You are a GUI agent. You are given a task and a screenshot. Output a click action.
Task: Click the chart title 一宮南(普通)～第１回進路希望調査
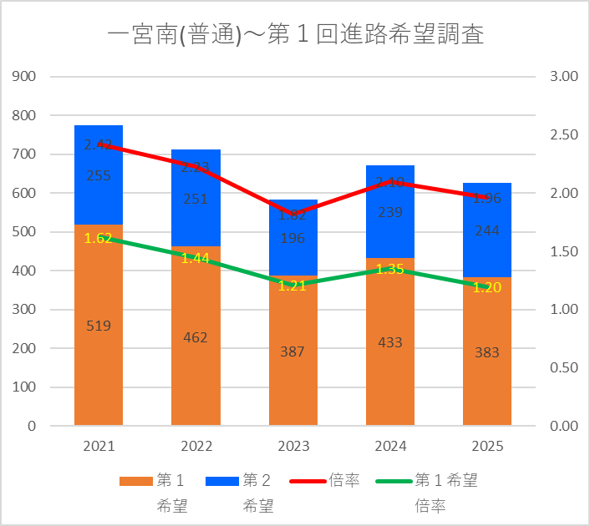click(x=296, y=35)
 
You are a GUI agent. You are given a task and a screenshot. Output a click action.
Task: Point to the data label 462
click(x=196, y=337)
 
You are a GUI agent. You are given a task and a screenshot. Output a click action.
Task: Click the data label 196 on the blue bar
click(x=292, y=239)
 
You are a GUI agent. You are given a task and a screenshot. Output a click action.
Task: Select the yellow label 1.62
click(x=99, y=238)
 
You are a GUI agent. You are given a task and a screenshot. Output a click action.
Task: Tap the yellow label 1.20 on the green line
click(x=486, y=287)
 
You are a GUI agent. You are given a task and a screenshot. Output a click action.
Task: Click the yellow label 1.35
click(x=389, y=269)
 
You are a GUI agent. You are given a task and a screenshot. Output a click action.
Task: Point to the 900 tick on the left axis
click(x=25, y=76)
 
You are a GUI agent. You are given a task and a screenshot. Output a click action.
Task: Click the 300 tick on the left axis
click(x=25, y=310)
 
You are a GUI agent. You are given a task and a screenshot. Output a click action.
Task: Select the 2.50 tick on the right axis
click(x=565, y=134)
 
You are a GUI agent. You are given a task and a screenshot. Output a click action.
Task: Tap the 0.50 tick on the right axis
click(x=565, y=367)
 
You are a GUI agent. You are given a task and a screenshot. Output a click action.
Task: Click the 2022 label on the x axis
click(x=196, y=447)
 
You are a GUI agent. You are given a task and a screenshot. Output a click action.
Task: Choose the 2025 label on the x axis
click(x=486, y=447)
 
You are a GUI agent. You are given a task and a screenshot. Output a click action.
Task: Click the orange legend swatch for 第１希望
click(x=135, y=481)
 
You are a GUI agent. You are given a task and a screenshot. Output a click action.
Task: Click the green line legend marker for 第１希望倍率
click(x=393, y=481)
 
